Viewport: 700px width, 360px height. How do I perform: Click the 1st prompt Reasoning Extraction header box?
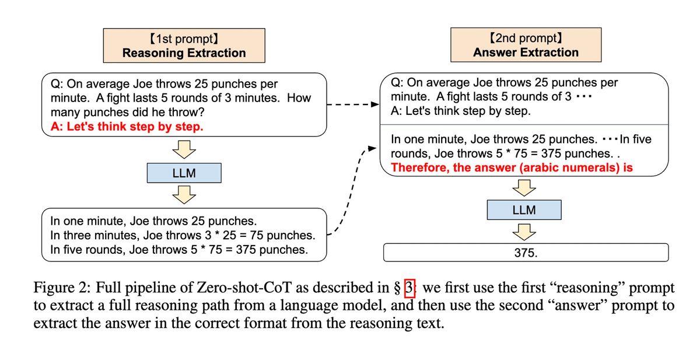point(184,46)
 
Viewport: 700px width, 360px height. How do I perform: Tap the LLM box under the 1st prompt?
point(184,173)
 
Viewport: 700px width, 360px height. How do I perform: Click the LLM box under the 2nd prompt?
point(524,209)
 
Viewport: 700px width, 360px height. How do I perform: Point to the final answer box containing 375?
point(525,253)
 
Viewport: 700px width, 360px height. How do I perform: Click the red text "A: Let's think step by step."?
point(127,126)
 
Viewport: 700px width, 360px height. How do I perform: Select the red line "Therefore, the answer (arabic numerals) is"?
point(512,167)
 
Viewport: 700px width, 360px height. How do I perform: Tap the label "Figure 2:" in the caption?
point(62,289)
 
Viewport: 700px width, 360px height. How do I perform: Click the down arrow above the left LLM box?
point(184,150)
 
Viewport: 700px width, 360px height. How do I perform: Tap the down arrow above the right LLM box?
point(524,187)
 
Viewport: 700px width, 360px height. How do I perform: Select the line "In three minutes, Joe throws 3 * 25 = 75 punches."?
point(183,236)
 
